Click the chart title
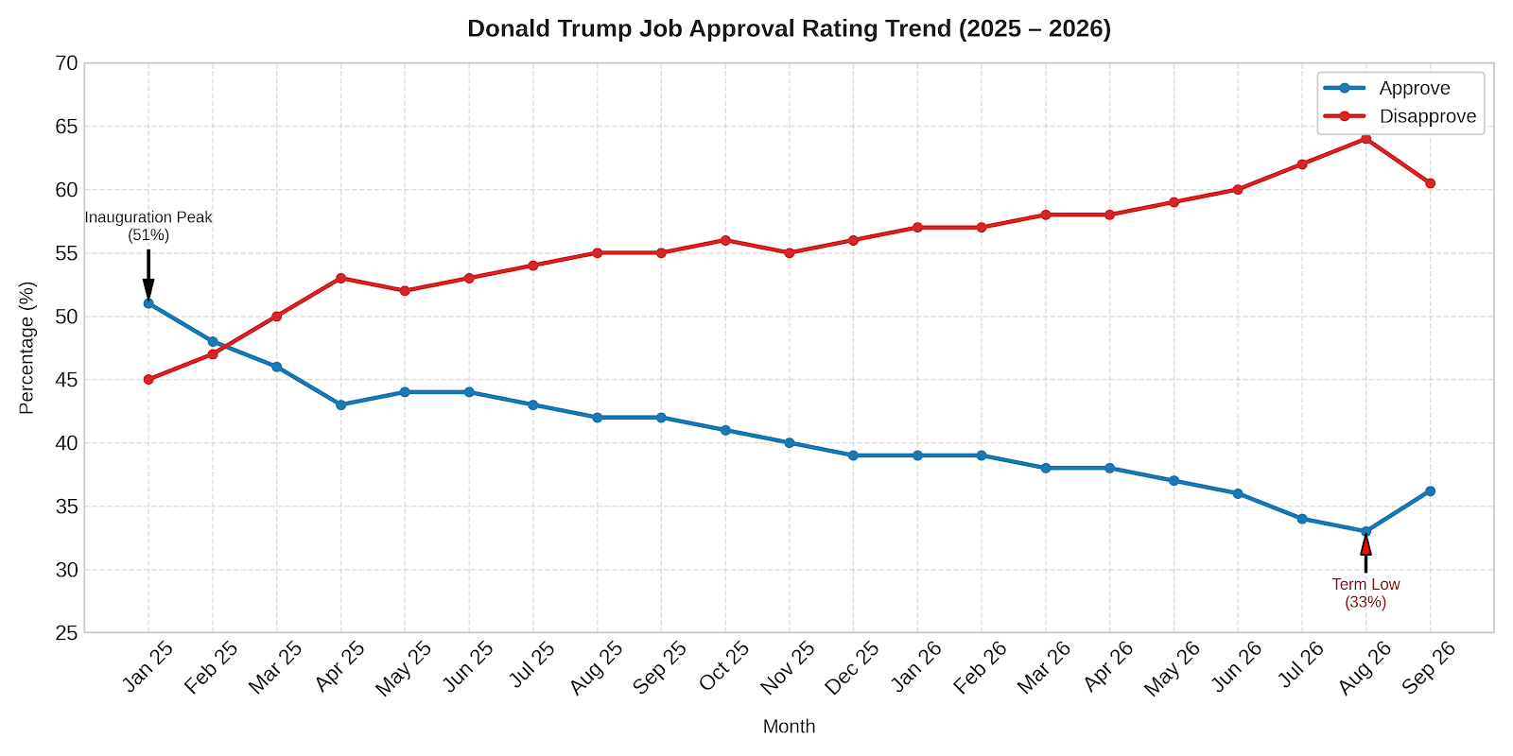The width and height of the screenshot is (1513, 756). point(789,29)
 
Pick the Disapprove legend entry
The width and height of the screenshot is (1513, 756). point(1400,116)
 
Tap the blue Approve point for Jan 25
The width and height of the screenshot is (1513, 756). point(148,303)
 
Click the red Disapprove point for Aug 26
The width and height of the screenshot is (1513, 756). point(1365,139)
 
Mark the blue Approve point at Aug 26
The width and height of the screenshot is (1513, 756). point(1365,532)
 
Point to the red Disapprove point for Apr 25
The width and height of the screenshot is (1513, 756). point(340,278)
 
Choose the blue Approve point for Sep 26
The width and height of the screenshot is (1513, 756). point(1430,491)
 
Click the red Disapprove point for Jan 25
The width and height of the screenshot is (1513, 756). point(148,379)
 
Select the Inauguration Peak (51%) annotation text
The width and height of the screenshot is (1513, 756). point(148,226)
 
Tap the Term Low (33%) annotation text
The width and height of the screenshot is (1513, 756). point(1365,593)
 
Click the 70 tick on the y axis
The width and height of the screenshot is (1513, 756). point(66,63)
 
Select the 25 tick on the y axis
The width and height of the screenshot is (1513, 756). point(66,633)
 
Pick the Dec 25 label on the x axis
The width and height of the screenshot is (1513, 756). point(852,667)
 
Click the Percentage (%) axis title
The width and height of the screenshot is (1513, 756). point(27,348)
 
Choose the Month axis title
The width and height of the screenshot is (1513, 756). point(789,727)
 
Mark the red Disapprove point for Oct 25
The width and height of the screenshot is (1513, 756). point(725,240)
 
